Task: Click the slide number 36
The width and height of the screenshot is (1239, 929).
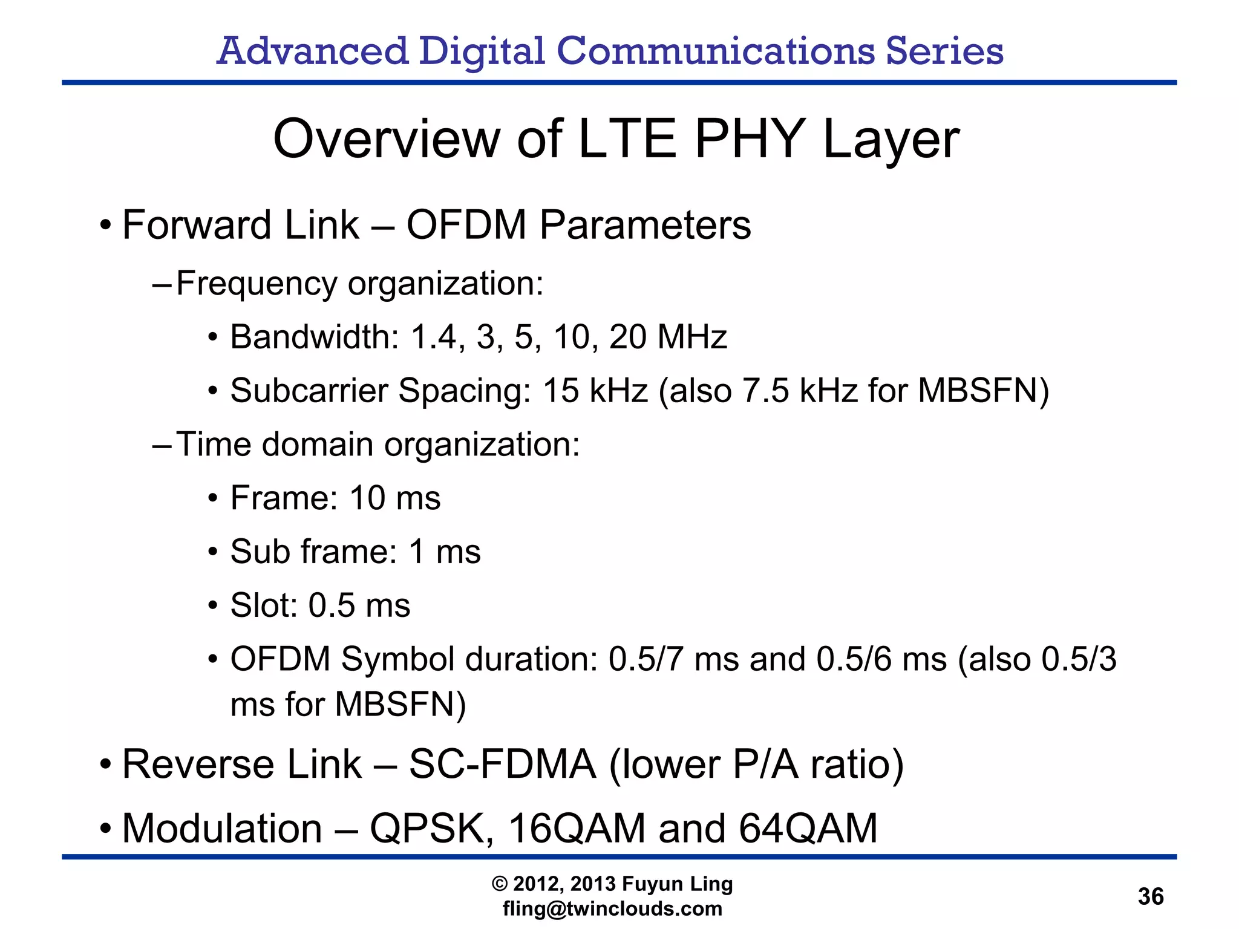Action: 1150,896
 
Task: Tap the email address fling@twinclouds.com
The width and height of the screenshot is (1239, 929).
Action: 612,908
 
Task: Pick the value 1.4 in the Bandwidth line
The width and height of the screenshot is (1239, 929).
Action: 433,337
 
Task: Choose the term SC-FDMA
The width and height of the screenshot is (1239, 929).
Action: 502,764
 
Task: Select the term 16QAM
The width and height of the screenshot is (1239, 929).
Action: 577,829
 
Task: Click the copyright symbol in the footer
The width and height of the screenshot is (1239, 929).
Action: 500,884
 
